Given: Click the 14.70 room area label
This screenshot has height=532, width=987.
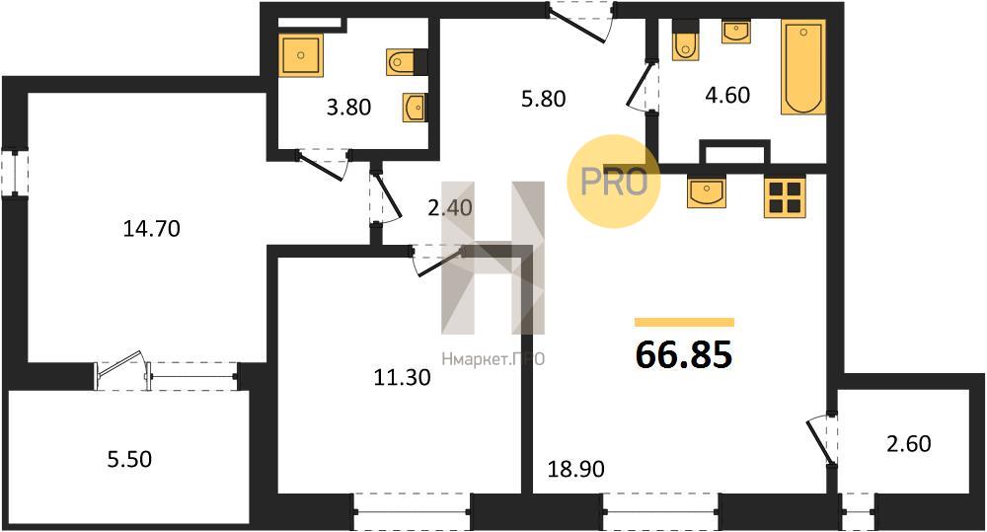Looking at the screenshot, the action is pyautogui.click(x=152, y=229).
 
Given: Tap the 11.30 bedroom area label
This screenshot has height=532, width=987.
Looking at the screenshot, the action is pyautogui.click(x=403, y=377).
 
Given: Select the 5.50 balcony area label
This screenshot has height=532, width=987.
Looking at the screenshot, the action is pyautogui.click(x=129, y=459).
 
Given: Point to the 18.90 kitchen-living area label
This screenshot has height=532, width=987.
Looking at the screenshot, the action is pyautogui.click(x=576, y=469).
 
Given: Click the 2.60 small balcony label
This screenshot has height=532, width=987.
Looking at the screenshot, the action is pyautogui.click(x=908, y=444).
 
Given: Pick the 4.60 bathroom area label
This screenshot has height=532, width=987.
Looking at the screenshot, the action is pyautogui.click(x=727, y=95).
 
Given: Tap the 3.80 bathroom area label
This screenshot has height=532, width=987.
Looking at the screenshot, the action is pyautogui.click(x=348, y=107).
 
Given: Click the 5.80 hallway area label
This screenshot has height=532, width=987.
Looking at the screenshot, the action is pyautogui.click(x=543, y=99).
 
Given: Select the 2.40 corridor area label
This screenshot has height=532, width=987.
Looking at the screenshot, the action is pyautogui.click(x=449, y=207).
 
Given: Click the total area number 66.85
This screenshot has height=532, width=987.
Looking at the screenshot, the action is pyautogui.click(x=684, y=353).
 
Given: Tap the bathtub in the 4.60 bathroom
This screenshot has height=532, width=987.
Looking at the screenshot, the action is pyautogui.click(x=803, y=67).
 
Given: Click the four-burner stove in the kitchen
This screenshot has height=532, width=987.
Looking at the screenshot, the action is pyautogui.click(x=785, y=196).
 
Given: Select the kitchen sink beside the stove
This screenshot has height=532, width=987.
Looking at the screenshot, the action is pyautogui.click(x=707, y=191).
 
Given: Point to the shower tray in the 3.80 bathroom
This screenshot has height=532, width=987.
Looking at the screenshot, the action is pyautogui.click(x=301, y=55).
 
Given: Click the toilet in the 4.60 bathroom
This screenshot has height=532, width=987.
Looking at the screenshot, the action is pyautogui.click(x=685, y=40).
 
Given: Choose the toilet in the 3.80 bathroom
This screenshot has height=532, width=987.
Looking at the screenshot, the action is pyautogui.click(x=407, y=62).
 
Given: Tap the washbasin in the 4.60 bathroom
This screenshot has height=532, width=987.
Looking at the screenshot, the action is pyautogui.click(x=736, y=32).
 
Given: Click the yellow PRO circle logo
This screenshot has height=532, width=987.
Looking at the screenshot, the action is pyautogui.click(x=614, y=182).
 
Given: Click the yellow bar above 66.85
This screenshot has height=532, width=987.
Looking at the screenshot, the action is pyautogui.click(x=684, y=323).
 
